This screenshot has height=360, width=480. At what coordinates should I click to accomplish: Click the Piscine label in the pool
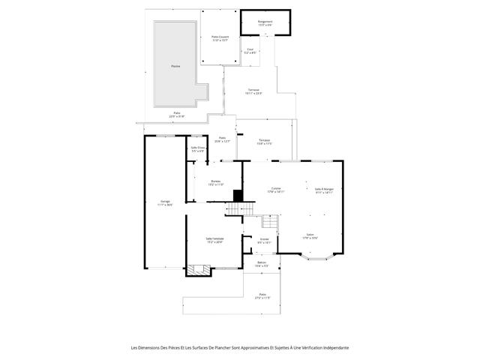pos(175,66)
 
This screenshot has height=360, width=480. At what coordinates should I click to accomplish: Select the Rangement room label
pos(265,22)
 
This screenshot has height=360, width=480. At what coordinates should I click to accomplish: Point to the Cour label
pos(250,50)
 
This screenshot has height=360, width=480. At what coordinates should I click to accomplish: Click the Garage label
pos(165,202)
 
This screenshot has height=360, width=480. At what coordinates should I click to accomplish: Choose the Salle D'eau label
pos(198,149)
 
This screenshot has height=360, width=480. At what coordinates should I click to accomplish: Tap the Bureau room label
pos(216,182)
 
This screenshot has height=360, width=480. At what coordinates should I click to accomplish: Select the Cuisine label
pos(276,189)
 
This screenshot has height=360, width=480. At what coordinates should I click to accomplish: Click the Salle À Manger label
pos(324,189)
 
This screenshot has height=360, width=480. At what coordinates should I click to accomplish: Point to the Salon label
pos(310,235)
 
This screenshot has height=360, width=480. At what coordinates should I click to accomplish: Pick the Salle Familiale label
pos(215,240)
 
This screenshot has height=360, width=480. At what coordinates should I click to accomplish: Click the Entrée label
pos(264,241)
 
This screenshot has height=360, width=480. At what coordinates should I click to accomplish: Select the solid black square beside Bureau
pos(238,195)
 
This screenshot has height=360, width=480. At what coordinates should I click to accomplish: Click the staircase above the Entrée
pos(268,222)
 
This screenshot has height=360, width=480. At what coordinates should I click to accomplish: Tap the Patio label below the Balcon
pos(262,296)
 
